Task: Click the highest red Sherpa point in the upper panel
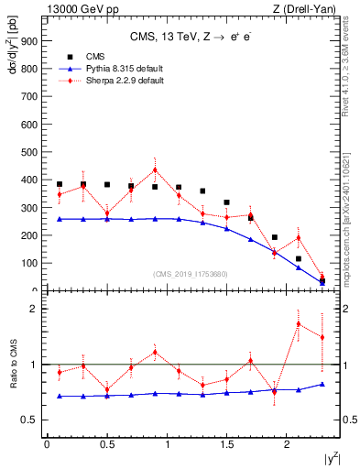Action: click(x=155, y=169)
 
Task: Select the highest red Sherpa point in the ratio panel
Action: click(x=299, y=323)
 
